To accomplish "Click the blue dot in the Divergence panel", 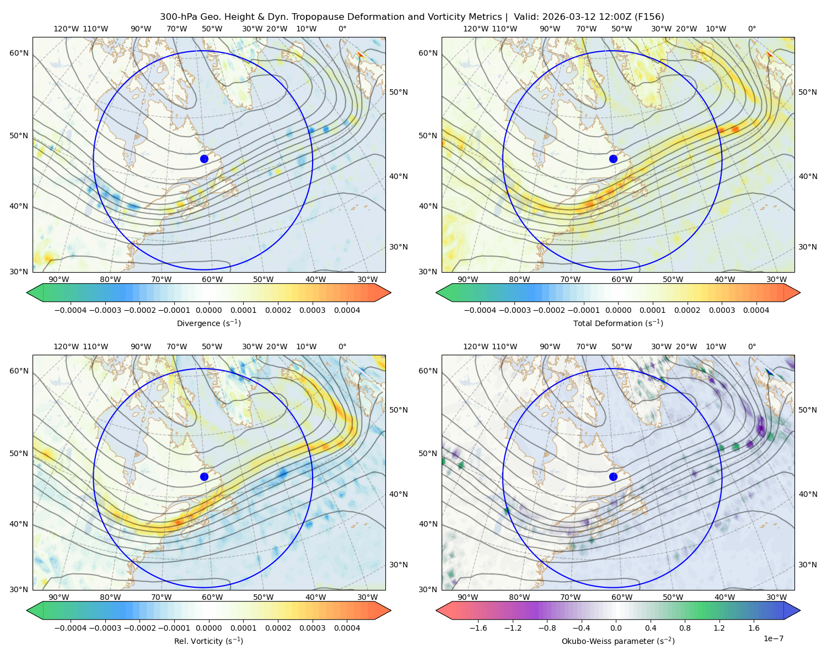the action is [x=204, y=159].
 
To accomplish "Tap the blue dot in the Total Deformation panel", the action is [x=613, y=159].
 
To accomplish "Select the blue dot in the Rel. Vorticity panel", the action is [x=204, y=476].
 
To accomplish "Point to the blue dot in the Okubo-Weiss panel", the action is [x=613, y=476].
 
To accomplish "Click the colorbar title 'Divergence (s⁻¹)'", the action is [x=208, y=323].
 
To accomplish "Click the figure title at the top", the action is [x=412, y=17].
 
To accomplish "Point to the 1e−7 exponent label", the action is [x=773, y=638].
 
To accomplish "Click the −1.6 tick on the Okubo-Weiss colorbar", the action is [x=478, y=628].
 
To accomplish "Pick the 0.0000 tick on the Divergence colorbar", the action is [x=208, y=310].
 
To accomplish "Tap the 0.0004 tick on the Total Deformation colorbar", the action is [x=756, y=310].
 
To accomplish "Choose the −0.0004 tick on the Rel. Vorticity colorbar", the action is [x=71, y=628].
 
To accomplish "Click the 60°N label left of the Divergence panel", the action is [x=19, y=53].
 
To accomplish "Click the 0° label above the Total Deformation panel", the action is [x=751, y=29].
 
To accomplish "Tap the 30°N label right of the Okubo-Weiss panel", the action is [x=808, y=565].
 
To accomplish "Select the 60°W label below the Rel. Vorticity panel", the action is [x=212, y=597].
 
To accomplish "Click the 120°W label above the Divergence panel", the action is [x=66, y=29].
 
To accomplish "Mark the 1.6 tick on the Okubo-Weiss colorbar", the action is [x=754, y=628].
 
